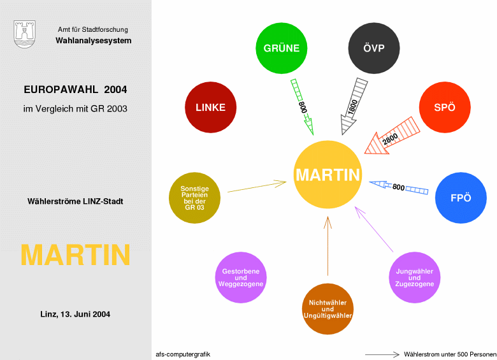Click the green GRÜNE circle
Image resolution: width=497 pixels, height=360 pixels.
tap(282, 48)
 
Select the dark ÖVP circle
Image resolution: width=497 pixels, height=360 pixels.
tap(374, 48)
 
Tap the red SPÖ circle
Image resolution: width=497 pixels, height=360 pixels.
tap(444, 108)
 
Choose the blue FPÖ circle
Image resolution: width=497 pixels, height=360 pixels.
tap(461, 198)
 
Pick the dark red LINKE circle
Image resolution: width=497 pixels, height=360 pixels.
tap(210, 108)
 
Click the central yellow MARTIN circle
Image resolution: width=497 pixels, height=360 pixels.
tap(328, 175)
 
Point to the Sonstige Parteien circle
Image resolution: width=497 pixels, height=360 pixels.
tap(194, 198)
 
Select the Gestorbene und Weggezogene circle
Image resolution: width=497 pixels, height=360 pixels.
tap(241, 278)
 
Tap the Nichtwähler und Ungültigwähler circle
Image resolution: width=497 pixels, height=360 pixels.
tap(328, 308)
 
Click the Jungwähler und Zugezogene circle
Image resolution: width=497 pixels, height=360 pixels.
tap(415, 278)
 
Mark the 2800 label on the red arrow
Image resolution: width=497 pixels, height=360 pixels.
tap(391, 138)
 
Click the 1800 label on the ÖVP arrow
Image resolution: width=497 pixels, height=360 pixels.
tap(352, 106)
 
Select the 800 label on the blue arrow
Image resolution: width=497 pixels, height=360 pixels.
tap(398, 187)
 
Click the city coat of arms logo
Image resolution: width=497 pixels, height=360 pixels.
tap(25, 33)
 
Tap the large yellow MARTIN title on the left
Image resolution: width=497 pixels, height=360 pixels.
tap(75, 255)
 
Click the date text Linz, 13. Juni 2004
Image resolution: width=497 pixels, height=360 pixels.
tap(75, 314)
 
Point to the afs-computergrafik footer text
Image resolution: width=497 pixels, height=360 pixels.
tap(183, 354)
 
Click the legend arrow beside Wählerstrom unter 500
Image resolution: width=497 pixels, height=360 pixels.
tap(382, 354)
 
